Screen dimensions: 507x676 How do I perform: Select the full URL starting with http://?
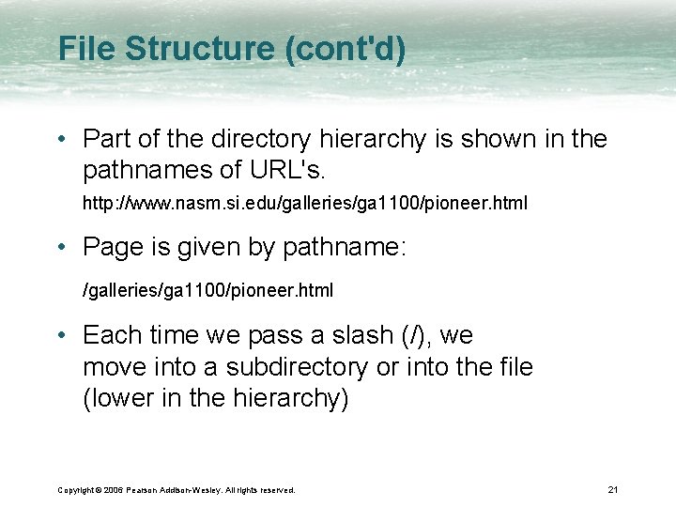tap(305, 203)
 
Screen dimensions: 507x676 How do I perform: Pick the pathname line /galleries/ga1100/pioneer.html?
tap(207, 291)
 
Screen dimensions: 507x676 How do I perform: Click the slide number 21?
tap(612, 489)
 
